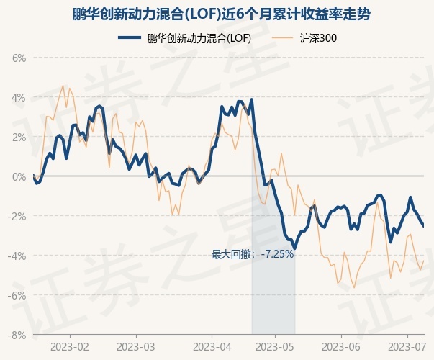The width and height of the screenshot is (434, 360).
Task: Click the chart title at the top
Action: [221, 14]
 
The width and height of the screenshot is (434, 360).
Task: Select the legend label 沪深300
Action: [318, 38]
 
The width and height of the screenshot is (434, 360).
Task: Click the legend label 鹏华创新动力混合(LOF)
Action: [199, 38]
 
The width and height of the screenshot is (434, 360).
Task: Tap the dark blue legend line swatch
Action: [130, 37]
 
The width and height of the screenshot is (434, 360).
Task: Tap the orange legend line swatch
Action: [281, 38]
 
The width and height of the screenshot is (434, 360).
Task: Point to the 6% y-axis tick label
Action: [19, 58]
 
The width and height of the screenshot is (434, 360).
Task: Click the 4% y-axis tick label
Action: [19, 98]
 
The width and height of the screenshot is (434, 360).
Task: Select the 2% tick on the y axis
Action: [19, 138]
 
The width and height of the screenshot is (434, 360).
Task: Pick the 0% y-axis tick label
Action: [19, 177]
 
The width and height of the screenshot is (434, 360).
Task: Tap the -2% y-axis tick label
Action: [17, 217]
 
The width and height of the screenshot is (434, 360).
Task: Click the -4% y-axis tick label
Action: [17, 256]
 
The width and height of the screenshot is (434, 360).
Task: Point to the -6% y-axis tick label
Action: [17, 296]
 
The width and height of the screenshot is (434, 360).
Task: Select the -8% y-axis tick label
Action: [17, 336]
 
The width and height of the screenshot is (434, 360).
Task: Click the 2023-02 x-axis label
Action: [70, 347]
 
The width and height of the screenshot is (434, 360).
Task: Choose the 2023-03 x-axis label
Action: [136, 347]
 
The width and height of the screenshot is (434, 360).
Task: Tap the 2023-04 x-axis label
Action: [212, 347]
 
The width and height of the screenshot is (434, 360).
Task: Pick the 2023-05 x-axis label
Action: [275, 347]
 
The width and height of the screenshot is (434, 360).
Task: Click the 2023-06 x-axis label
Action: [341, 347]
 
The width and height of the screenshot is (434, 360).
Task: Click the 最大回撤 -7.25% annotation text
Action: [253, 254]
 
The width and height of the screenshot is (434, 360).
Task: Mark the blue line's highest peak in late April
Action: [252, 99]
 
